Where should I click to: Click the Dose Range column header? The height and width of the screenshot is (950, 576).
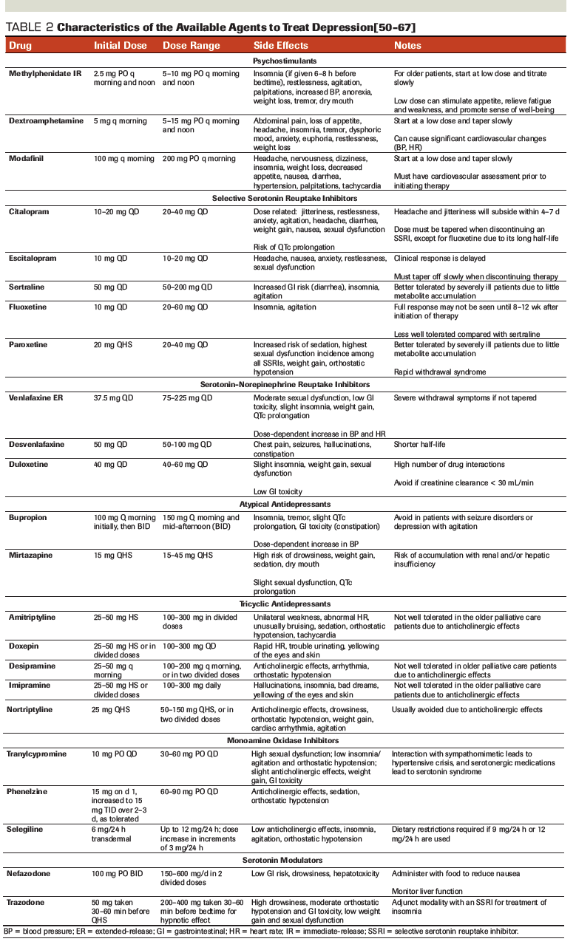pyautogui.click(x=191, y=45)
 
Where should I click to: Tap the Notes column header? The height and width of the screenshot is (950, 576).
pyautogui.click(x=407, y=45)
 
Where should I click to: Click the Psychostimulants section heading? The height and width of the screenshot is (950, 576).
pyautogui.click(x=283, y=60)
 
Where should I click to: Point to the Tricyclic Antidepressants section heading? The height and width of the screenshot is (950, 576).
pyautogui.click(x=283, y=604)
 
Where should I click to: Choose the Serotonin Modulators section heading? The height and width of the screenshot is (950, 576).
pyautogui.click(x=283, y=860)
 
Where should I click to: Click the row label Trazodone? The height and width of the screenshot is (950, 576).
pyautogui.click(x=28, y=903)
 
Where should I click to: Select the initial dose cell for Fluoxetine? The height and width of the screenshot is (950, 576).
pyautogui.click(x=112, y=304)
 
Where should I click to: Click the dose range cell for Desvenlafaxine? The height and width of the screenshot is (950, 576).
pyautogui.click(x=187, y=444)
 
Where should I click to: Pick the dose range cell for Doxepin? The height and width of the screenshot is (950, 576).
pyautogui.click(x=187, y=645)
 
